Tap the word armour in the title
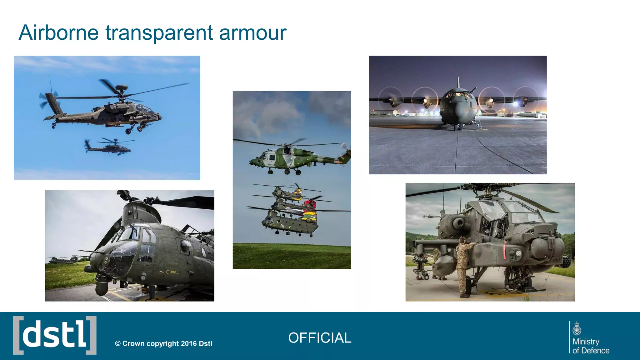252,32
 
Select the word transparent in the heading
159,33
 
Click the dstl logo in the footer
55,335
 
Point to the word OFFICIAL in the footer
320,338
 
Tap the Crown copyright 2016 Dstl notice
163,343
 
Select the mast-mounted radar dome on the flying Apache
121,87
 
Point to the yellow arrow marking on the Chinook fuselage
172,272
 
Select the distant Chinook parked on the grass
62,260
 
